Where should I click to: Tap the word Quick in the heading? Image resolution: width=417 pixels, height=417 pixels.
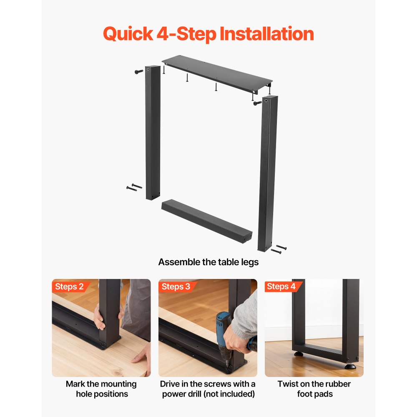128,34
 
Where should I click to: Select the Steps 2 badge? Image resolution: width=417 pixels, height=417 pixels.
70,286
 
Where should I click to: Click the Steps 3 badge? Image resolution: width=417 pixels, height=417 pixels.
176,286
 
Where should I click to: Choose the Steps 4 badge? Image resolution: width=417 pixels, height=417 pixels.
281,286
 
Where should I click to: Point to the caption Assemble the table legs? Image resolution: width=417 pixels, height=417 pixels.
208,262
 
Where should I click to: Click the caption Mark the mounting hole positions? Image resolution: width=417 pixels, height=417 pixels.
101,389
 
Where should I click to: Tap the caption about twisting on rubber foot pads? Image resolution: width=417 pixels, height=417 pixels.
314,389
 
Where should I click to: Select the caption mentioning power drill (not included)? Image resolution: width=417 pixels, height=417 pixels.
208,389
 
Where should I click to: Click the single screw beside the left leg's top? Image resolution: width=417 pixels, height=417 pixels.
139,72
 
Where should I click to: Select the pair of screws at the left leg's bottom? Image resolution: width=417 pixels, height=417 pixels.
134,187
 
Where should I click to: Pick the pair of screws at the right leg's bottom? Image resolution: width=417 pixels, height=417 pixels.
279,249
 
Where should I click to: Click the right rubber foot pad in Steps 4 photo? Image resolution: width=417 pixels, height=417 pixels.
349,366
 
